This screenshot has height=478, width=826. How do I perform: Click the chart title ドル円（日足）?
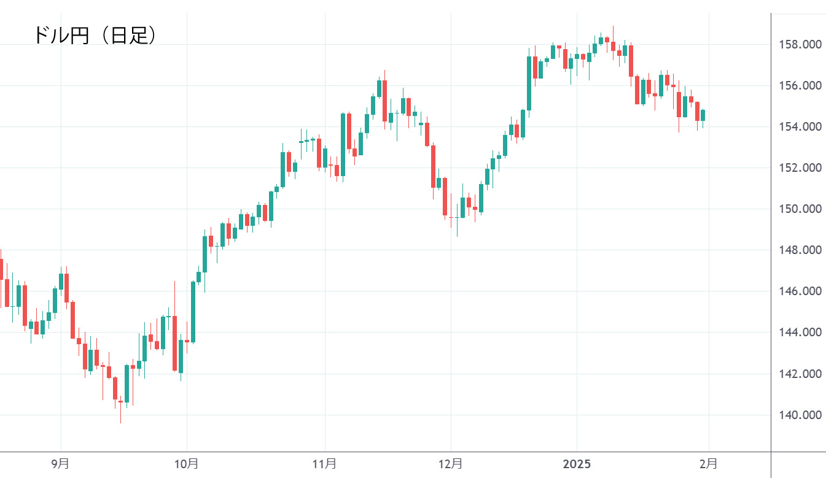pyautogui.click(x=95, y=35)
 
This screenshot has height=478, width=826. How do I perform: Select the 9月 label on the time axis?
pyautogui.click(x=60, y=464)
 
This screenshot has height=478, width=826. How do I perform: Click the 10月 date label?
pyautogui.click(x=187, y=464)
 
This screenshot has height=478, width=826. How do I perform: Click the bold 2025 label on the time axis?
pyautogui.click(x=577, y=464)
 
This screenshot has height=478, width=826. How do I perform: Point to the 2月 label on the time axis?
pyautogui.click(x=709, y=464)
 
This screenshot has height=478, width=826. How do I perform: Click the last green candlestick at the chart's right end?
pyautogui.click(x=703, y=115)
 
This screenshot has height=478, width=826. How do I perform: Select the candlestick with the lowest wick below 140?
pyautogui.click(x=120, y=402)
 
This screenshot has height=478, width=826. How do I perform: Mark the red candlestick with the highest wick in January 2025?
pyautogui.click(x=613, y=45)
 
